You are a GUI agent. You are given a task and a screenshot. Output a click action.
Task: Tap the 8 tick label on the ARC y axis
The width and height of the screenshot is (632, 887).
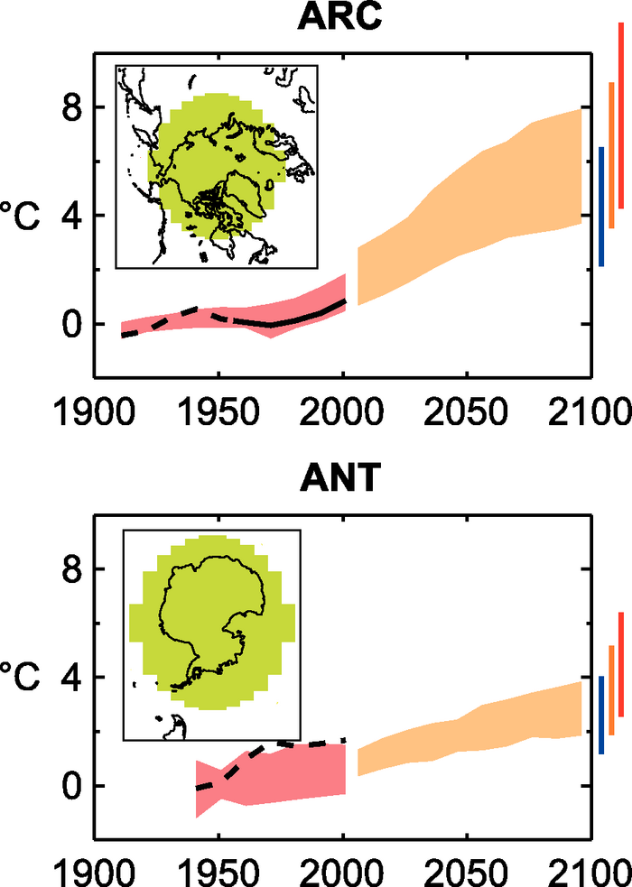[72, 107]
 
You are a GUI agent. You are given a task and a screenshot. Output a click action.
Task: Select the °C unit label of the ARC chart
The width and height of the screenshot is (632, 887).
[21, 217]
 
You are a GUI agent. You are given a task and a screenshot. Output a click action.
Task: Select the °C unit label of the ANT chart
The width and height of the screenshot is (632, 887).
[21, 678]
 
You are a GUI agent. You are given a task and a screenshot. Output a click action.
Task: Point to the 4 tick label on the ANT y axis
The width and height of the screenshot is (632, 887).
[72, 678]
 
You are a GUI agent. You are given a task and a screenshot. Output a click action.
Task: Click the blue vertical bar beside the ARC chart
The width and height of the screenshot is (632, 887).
[601, 207]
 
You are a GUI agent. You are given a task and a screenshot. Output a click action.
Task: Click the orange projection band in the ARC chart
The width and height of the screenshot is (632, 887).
[469, 208]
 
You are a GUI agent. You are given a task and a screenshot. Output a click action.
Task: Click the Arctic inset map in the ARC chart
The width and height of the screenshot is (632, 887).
[217, 166]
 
